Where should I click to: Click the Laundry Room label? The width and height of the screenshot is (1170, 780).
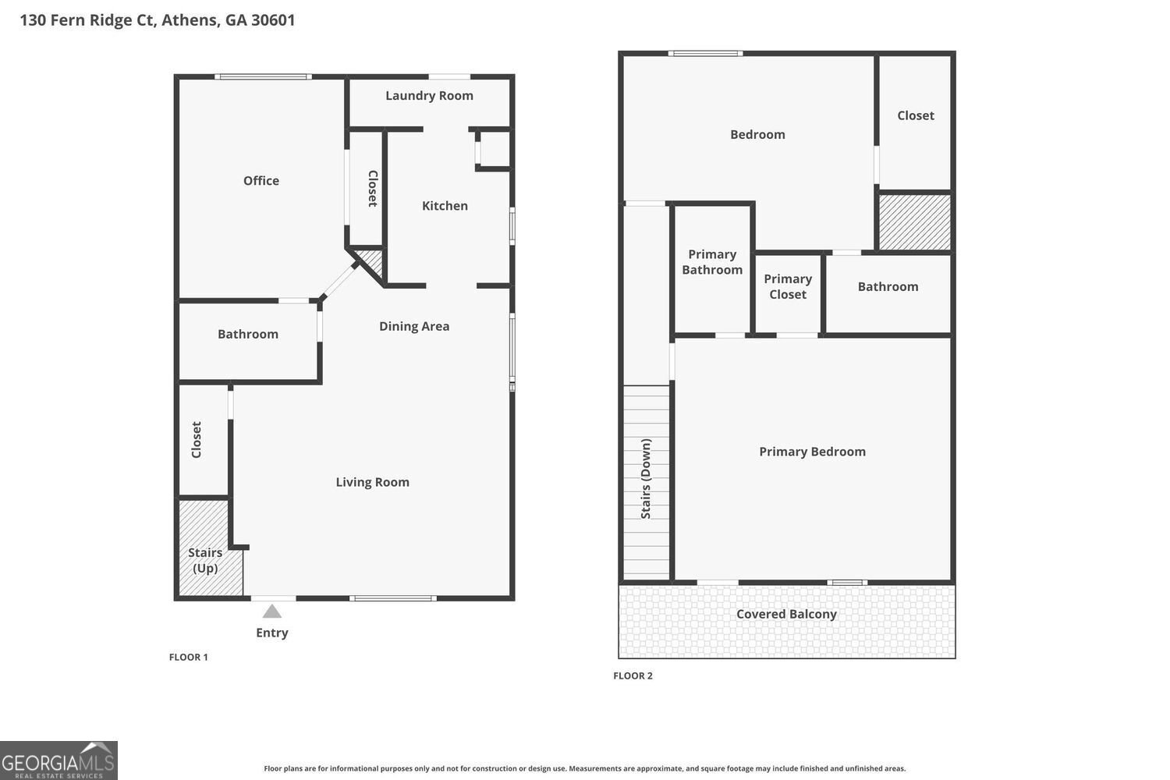click(429, 96)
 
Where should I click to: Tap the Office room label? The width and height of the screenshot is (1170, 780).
click(261, 181)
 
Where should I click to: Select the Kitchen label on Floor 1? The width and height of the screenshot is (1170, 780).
click(445, 206)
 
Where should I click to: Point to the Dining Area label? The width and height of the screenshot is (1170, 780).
click(414, 326)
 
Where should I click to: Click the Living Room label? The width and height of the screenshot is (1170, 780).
click(372, 482)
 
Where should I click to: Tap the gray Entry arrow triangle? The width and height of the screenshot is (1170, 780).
click(271, 612)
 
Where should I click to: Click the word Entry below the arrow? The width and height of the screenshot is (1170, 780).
click(271, 633)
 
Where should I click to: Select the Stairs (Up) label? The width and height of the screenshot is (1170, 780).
click(205, 560)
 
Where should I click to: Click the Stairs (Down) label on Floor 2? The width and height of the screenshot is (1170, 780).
click(646, 479)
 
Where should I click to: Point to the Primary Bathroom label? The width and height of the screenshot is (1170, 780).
click(712, 262)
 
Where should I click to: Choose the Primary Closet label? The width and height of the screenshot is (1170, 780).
click(788, 286)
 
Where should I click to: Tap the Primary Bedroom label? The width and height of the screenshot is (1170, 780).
click(812, 452)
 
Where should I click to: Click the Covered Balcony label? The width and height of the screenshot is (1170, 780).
click(786, 614)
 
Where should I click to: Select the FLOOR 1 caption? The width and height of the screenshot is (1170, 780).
click(189, 658)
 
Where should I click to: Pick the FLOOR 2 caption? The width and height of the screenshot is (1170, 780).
click(633, 675)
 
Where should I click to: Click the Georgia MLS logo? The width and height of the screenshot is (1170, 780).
click(58, 760)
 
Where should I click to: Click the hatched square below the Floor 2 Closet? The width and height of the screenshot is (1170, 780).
click(915, 222)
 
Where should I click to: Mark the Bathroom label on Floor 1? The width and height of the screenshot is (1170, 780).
click(247, 334)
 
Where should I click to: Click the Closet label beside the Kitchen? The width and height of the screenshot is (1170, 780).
click(372, 188)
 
